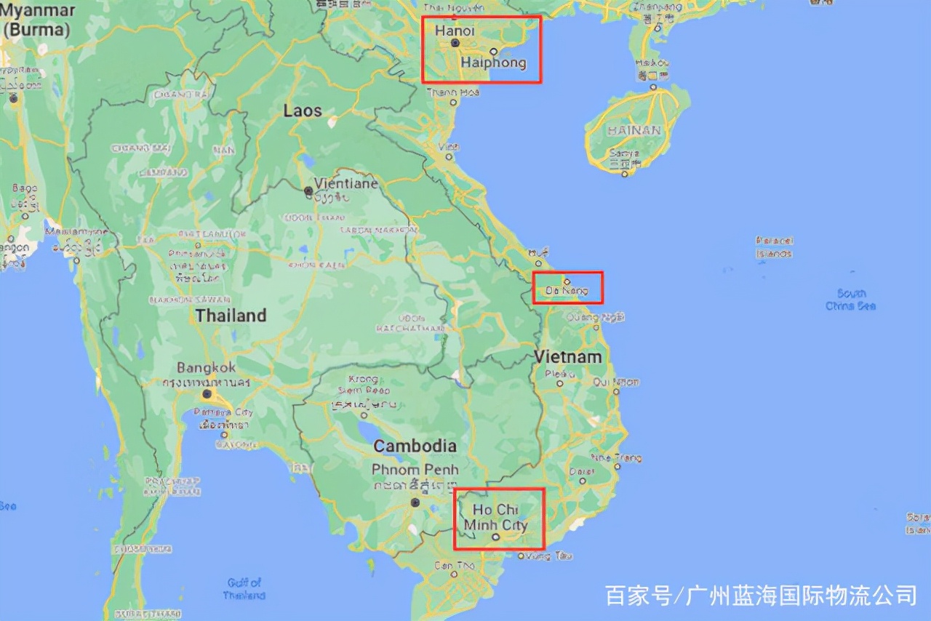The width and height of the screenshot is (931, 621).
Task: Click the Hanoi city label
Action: [455, 31]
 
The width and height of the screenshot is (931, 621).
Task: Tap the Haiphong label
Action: [493, 63]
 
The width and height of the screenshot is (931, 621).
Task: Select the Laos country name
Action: [303, 111]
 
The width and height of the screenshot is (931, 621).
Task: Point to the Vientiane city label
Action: [346, 183]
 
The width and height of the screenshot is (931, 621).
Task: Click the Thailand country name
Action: [231, 316]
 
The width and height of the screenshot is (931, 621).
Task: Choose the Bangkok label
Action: [206, 368]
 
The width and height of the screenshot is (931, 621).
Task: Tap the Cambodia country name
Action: [415, 446]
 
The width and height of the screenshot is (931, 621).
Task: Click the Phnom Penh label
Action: [415, 470]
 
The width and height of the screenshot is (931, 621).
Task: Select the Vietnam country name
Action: [568, 357]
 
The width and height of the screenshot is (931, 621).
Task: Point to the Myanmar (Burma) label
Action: [37, 20]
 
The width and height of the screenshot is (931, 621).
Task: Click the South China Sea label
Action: [850, 300]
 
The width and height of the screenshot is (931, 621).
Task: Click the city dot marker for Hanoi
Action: [455, 43]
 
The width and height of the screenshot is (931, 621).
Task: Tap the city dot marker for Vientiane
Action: [308, 191]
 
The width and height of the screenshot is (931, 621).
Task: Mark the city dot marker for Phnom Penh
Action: [415, 502]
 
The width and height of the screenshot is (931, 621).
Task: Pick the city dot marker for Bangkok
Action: [207, 394]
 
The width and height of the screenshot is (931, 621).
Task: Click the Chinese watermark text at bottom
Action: [761, 595]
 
